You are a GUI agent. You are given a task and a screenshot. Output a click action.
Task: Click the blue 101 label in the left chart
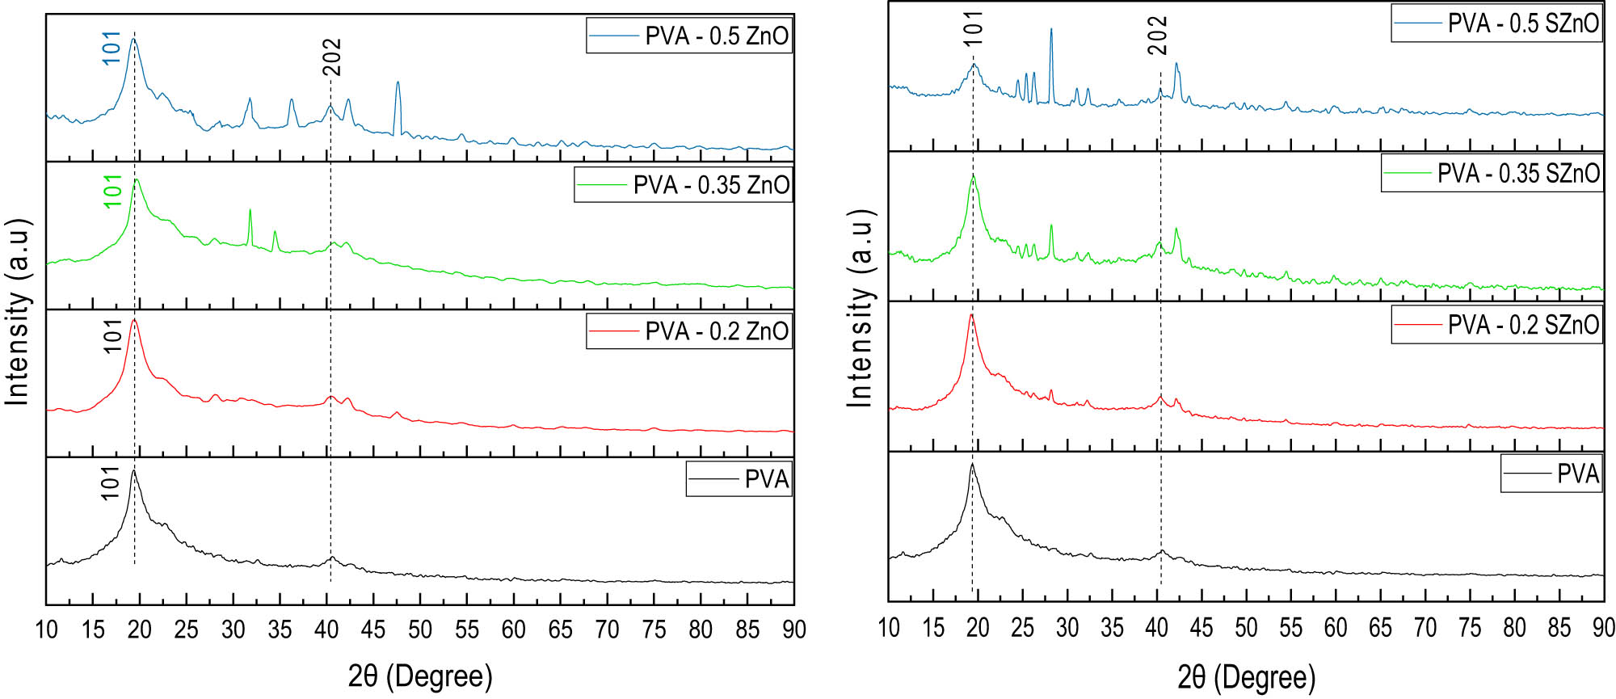tap(112, 48)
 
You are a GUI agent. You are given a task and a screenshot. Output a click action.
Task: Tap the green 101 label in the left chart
tap(113, 192)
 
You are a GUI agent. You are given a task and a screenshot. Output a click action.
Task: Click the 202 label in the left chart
tap(332, 57)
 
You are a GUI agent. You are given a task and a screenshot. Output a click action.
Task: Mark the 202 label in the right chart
tap(1158, 36)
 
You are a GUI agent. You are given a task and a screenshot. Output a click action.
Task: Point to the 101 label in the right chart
tap(974, 28)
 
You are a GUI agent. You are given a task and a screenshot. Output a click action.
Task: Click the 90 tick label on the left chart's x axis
tap(793, 630)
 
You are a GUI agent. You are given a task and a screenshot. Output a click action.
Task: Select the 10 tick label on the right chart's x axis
tap(888, 627)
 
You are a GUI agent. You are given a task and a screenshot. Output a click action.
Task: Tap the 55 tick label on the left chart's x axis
tap(467, 630)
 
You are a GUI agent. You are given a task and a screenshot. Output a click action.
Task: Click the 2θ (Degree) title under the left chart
tap(420, 676)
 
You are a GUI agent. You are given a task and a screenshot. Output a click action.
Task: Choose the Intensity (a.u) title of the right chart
tap(861, 308)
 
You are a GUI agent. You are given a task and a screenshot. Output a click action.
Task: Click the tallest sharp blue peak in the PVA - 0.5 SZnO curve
tap(1050, 31)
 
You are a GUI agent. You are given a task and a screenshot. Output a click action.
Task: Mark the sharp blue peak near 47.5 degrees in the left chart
tap(398, 83)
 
